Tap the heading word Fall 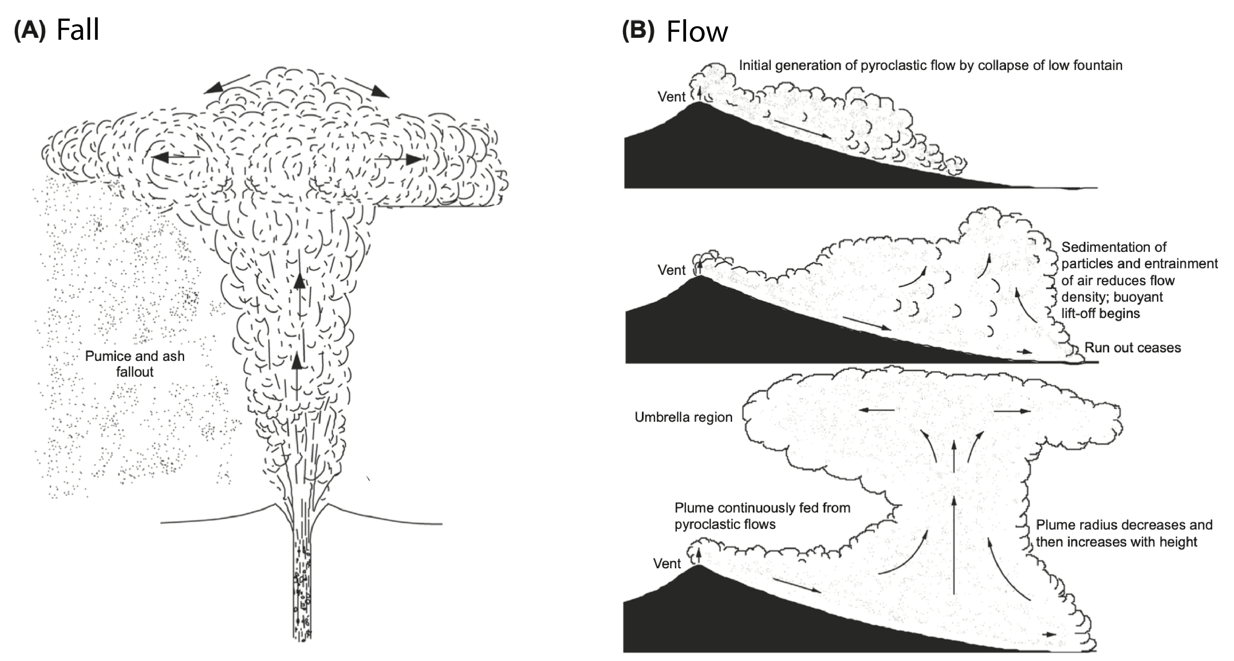pyautogui.click(x=78, y=30)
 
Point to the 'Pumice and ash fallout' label pyautogui.click(x=135, y=363)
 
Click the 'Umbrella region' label pyautogui.click(x=683, y=417)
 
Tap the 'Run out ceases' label pyautogui.click(x=1132, y=348)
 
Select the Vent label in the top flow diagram pyautogui.click(x=672, y=97)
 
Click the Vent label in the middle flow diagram pyautogui.click(x=672, y=270)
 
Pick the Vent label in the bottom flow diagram pyautogui.click(x=667, y=563)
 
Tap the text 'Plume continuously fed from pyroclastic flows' pyautogui.click(x=762, y=516)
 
